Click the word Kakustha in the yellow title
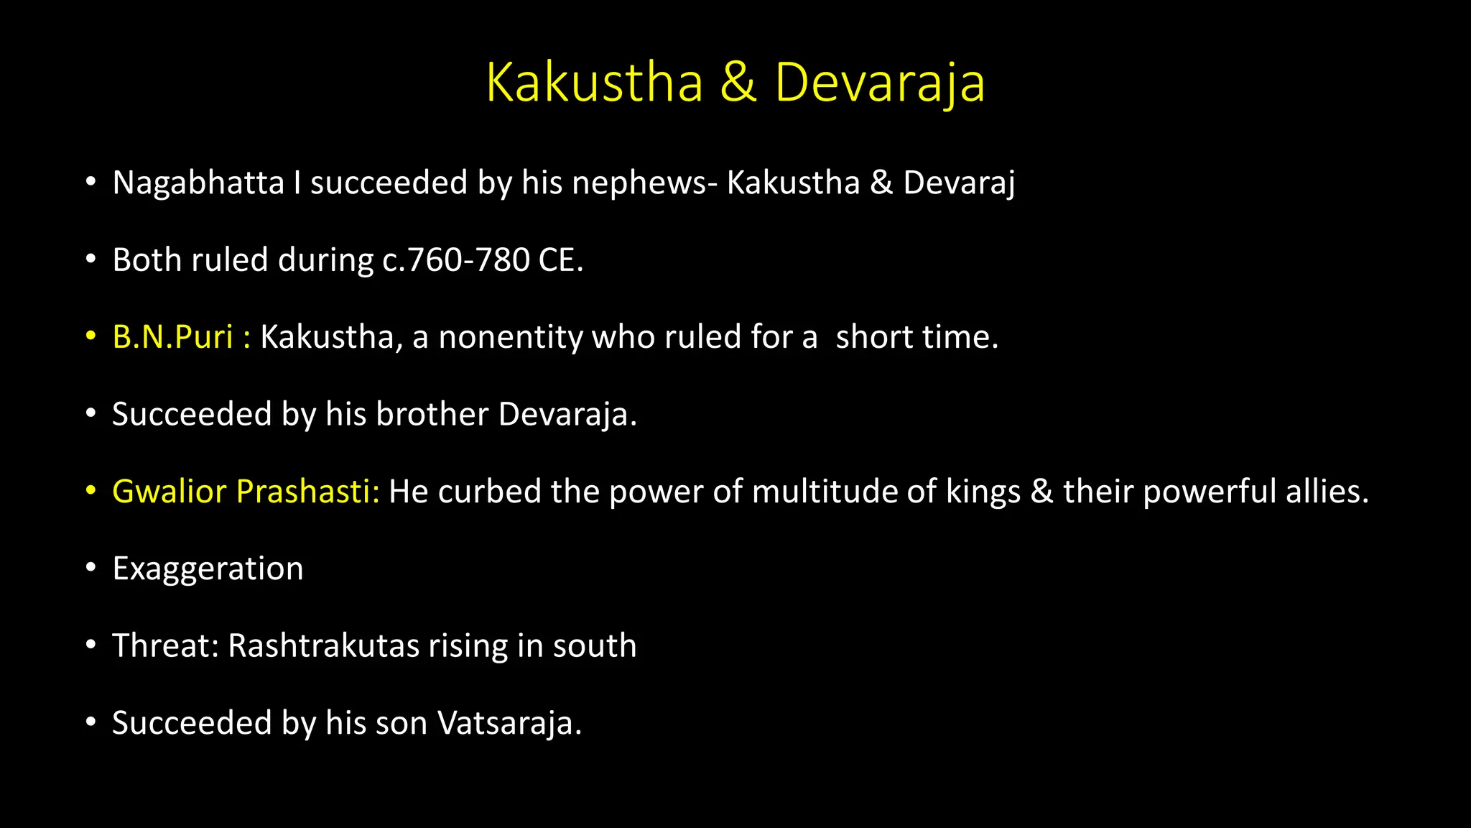tap(594, 83)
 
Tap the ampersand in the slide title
tap(738, 83)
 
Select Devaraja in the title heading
tap(879, 84)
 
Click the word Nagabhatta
tap(198, 183)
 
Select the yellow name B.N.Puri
tap(173, 337)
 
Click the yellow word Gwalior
tap(170, 492)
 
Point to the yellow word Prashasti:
tap(307, 492)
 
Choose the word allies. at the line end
tap(1327, 492)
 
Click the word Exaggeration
tap(208, 569)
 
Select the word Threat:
tap(165, 645)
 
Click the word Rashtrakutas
tap(323, 645)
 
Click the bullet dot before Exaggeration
tap(91, 569)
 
